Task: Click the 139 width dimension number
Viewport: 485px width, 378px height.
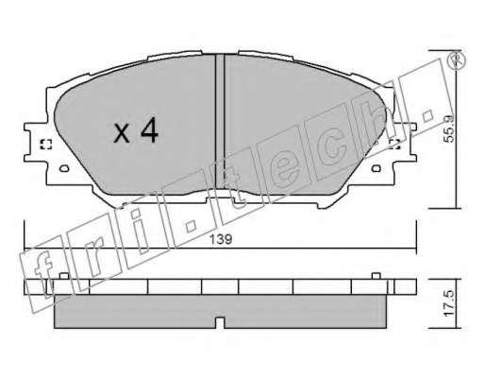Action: click(x=221, y=239)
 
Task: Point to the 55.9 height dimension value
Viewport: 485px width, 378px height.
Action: click(x=449, y=129)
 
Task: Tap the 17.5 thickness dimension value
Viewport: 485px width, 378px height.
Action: click(x=450, y=303)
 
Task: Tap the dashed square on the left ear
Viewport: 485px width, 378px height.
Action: click(x=46, y=145)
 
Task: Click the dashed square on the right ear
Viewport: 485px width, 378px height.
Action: click(x=394, y=145)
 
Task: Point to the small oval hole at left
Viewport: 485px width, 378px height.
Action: click(x=64, y=168)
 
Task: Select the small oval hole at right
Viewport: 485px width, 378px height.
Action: click(x=376, y=168)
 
